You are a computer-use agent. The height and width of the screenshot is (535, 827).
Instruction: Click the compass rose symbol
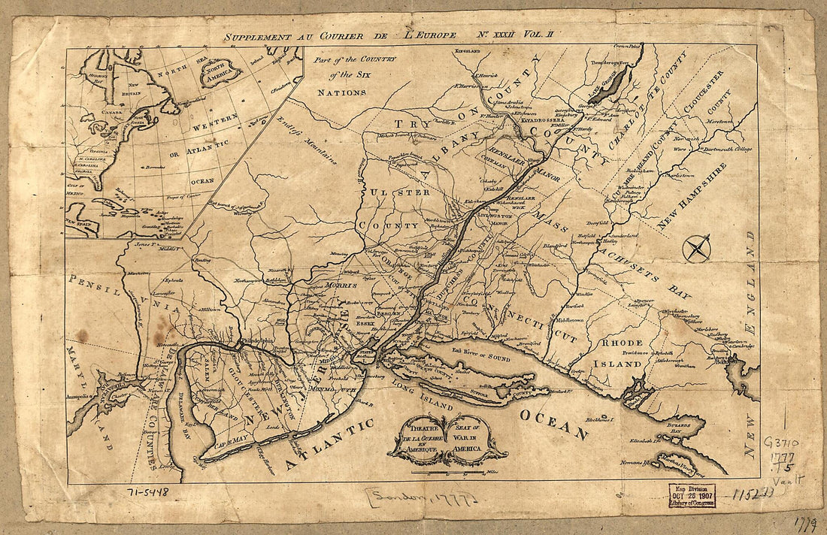tap(697, 248)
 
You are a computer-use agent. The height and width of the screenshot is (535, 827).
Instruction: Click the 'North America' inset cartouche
tap(220, 72)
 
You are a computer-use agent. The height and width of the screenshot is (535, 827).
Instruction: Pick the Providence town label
tap(619, 352)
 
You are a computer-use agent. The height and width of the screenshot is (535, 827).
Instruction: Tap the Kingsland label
tap(469, 50)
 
